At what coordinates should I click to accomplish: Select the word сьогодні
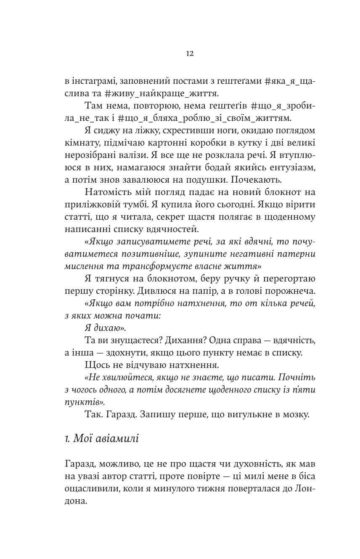point(220,205)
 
